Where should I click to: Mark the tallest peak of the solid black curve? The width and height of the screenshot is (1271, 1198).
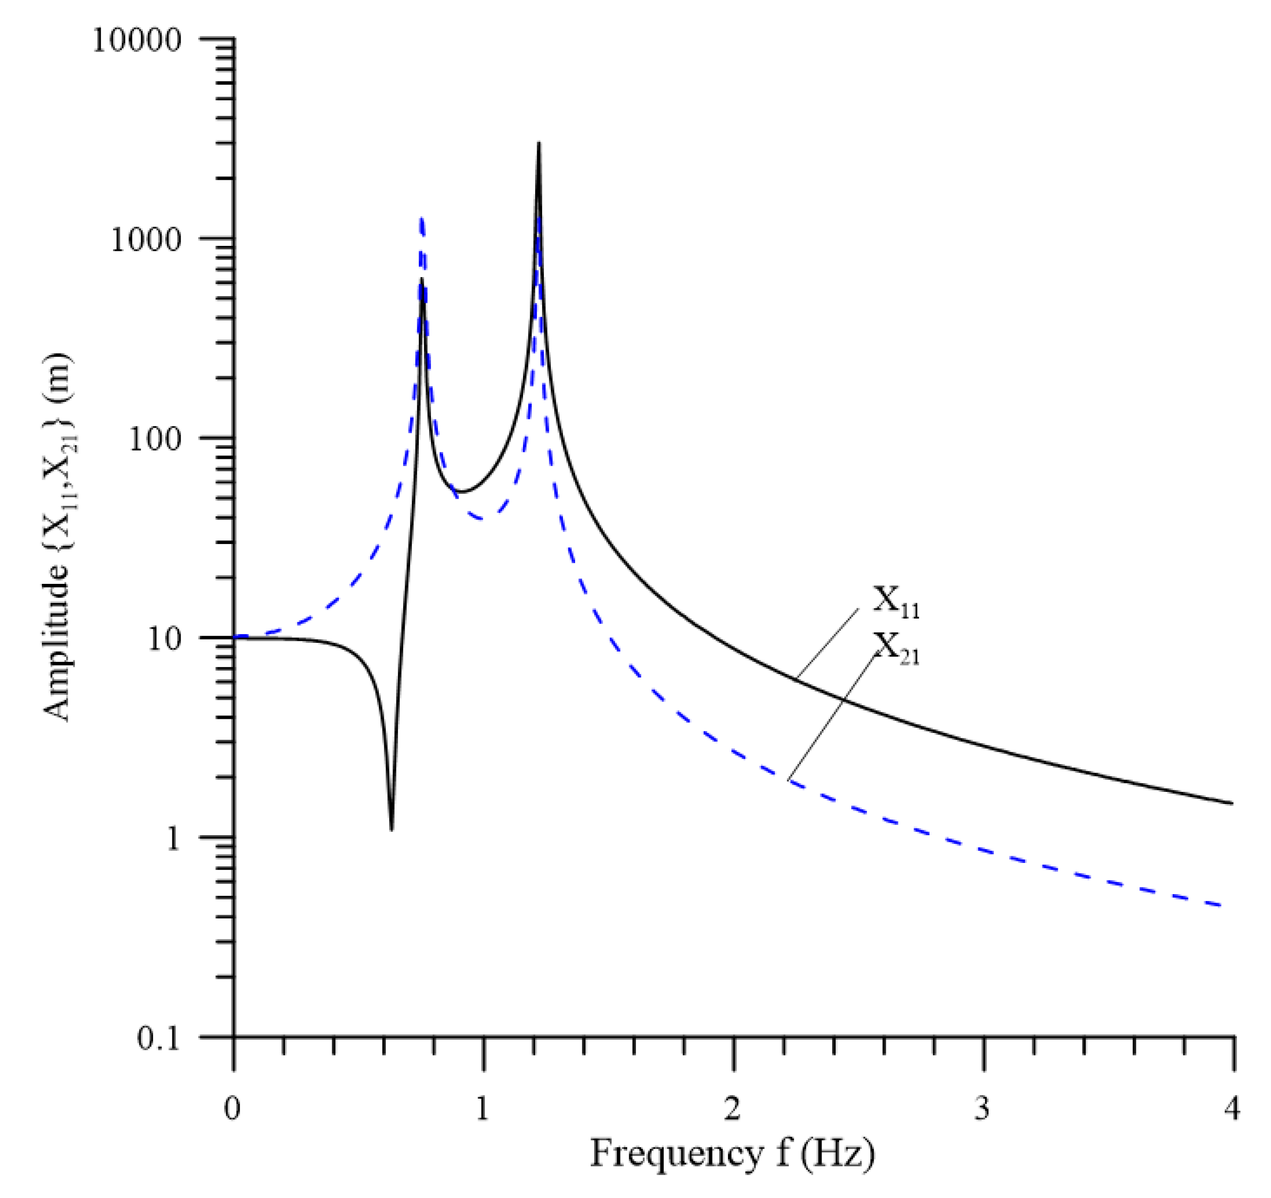pos(539,144)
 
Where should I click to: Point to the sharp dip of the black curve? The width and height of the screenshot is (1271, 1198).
pos(391,829)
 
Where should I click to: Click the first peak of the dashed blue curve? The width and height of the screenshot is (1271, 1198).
pos(421,219)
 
